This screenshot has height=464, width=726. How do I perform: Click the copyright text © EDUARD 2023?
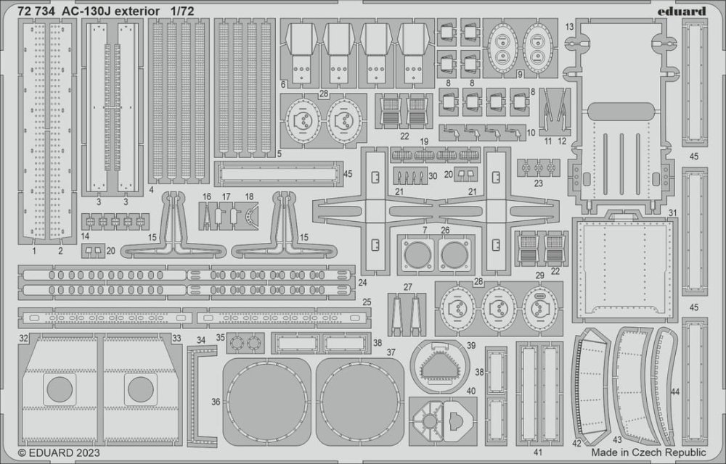click(55, 453)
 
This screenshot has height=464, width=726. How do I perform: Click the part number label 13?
click(570, 27)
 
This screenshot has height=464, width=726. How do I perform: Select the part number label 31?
click(673, 212)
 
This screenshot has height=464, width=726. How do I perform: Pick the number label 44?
click(675, 392)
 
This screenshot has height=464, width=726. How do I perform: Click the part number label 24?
click(362, 282)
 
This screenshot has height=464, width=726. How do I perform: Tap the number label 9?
click(521, 74)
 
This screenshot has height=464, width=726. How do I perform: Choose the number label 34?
click(201, 338)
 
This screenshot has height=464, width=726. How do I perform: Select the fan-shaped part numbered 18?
click(251, 215)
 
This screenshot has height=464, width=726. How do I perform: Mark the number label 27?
click(408, 287)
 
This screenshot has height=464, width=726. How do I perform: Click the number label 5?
click(280, 154)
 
